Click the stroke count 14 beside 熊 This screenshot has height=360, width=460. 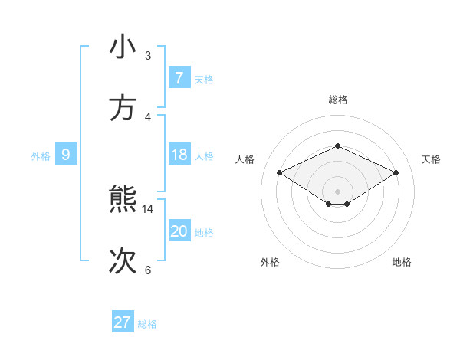tap(148, 208)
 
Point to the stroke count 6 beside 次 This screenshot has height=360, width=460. tap(148, 270)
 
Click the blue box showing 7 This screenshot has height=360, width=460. tap(179, 77)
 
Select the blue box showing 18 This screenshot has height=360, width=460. tap(179, 155)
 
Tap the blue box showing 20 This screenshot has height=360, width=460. tap(179, 231)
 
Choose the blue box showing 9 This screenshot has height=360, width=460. tap(66, 155)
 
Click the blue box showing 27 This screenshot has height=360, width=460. tap(122, 322)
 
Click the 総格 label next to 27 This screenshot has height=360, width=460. tap(147, 324)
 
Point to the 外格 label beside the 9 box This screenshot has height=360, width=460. tap(41, 156)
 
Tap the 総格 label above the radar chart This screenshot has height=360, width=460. tap(337, 100)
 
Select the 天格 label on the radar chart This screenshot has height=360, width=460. tap(432, 159)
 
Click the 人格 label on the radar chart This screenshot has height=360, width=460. tap(245, 159)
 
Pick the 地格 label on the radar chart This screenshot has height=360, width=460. tap(402, 262)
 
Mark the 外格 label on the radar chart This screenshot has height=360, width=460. tap(270, 262)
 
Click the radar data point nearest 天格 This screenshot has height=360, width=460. tap(396, 173)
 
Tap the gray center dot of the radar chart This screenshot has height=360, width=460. tap(337, 191)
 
